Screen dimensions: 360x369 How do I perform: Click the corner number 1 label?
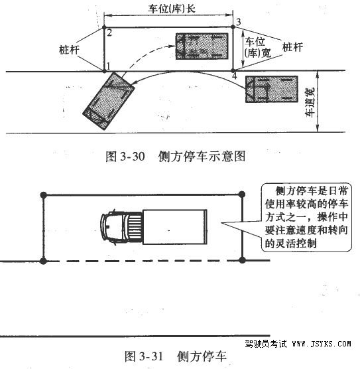point(109,66)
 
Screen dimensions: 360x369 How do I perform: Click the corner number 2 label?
point(109,33)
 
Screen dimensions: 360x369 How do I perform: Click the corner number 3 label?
point(239,22)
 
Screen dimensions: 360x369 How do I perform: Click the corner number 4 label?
point(235,76)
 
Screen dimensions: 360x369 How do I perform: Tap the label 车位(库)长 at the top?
point(172,9)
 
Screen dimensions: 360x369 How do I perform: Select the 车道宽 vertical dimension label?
point(310,102)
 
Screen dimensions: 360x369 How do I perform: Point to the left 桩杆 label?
point(69,50)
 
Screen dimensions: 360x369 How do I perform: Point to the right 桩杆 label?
point(292,47)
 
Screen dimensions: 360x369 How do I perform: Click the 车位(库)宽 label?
point(258,48)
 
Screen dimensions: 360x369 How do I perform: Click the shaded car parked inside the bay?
point(202,46)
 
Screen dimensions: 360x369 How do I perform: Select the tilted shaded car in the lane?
point(109,101)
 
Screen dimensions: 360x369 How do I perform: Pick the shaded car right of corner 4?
point(272,89)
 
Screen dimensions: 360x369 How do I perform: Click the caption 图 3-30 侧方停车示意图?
point(176,156)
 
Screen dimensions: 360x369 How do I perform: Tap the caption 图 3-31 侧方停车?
point(176,356)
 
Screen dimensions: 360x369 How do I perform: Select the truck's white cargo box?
point(175,227)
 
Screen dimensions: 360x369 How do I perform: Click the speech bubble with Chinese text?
point(306,217)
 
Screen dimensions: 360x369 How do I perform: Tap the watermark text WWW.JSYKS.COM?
point(322,344)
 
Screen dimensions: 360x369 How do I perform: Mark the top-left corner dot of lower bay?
point(44,195)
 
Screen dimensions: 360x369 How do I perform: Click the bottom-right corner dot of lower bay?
point(242,260)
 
